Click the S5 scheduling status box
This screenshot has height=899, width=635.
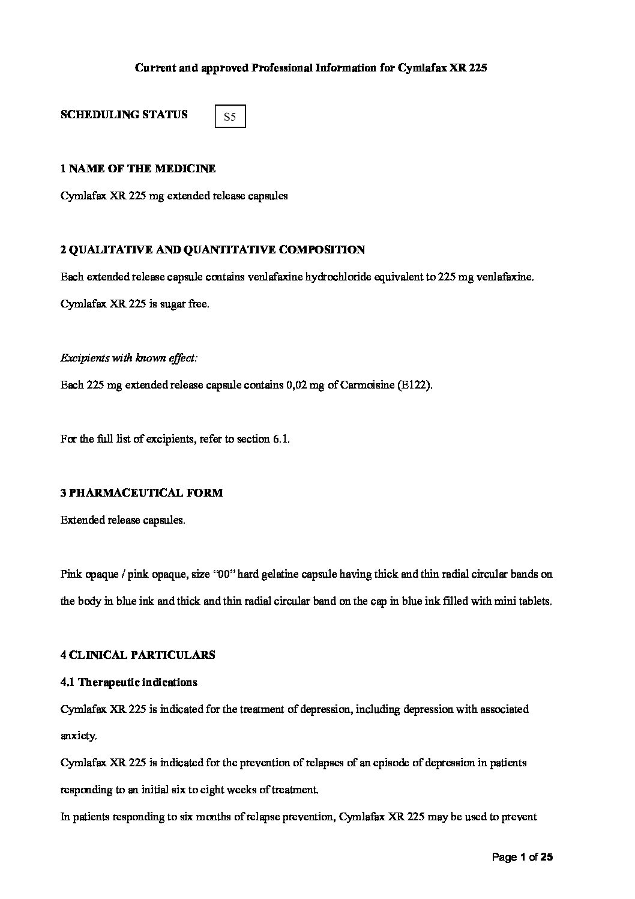point(230,117)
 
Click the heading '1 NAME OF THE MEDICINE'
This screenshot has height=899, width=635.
point(138,169)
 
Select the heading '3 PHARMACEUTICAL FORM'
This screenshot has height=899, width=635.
point(142,493)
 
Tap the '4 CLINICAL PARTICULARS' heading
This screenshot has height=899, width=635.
point(138,655)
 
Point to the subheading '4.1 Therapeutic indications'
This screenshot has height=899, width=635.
point(129,682)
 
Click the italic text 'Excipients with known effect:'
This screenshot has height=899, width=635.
point(129,358)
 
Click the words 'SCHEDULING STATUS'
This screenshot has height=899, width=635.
point(124,114)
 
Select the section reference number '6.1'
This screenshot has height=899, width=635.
point(281,439)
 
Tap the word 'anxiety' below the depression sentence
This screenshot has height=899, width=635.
point(77,736)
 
